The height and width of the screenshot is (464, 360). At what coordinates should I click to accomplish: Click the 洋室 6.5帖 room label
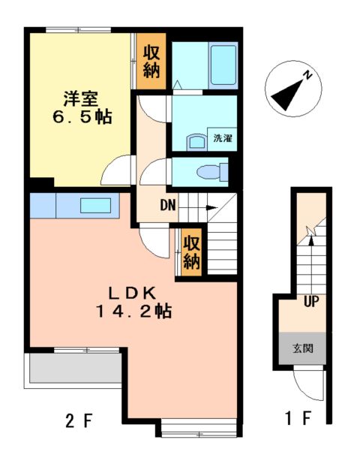coord(82,107)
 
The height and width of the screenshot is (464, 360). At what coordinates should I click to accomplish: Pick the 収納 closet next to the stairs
coord(191,253)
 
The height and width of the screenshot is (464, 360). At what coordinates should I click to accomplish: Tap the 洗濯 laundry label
coord(223,139)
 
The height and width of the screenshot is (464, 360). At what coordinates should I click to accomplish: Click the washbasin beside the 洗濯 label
coord(196,142)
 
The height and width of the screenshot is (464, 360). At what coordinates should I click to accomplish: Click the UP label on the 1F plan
coord(308,303)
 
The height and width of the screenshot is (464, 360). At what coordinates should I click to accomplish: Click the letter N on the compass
coord(307,74)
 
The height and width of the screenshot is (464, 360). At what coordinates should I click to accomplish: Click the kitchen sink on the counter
coord(95,205)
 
